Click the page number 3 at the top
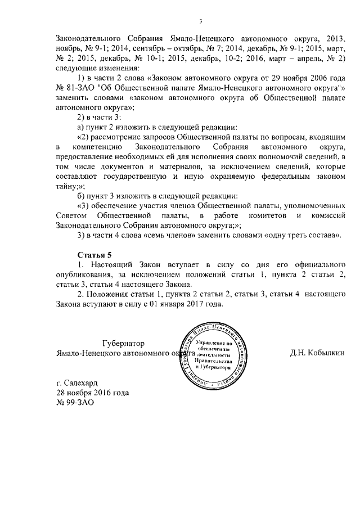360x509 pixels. (200, 21)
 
